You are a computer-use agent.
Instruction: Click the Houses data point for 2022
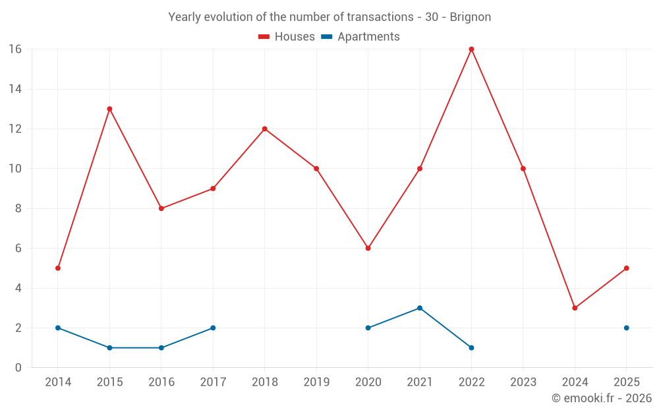(471, 49)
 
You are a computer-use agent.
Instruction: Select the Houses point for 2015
(109, 109)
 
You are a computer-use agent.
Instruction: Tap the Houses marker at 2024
(575, 308)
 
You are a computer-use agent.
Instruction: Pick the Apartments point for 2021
(420, 308)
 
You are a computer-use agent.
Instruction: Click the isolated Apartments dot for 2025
(627, 328)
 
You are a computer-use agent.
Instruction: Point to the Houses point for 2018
(264, 129)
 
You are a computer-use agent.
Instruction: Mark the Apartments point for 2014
(58, 328)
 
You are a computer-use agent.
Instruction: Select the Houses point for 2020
(368, 249)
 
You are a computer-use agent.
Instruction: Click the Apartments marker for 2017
(213, 328)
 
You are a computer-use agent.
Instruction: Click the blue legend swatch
(326, 37)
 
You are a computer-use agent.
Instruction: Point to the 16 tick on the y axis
(15, 49)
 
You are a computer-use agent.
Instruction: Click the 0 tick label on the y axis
(18, 368)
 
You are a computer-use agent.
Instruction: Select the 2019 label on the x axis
(316, 382)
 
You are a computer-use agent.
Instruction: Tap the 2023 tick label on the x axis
(523, 382)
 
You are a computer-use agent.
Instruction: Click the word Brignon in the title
(471, 17)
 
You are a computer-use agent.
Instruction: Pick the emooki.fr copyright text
(602, 398)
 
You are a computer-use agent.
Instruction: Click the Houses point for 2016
(161, 208)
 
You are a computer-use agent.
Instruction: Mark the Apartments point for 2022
(471, 347)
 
